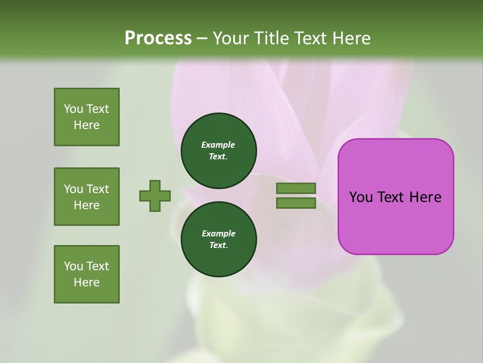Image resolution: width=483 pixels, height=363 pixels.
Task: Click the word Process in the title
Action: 158,38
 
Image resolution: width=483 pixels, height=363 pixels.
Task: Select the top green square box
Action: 87,117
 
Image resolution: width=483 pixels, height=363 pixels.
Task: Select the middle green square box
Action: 87,197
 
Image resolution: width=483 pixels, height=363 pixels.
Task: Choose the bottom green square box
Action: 87,274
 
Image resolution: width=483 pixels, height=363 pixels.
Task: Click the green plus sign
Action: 155,196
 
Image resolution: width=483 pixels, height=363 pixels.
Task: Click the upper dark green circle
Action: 218,151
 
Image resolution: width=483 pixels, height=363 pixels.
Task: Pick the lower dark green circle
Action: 218,239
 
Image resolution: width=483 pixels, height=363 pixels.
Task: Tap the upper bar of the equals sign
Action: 296,188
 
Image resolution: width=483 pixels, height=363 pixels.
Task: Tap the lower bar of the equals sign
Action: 296,203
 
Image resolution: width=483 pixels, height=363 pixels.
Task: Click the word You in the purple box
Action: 361,197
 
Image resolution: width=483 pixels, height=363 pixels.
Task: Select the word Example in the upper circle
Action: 218,145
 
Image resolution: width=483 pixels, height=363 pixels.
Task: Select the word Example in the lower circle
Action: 218,233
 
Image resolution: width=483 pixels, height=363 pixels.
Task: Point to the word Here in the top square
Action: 87,125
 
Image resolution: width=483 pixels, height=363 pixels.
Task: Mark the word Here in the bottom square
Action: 87,282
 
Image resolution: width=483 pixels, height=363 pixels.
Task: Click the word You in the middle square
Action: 73,189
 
